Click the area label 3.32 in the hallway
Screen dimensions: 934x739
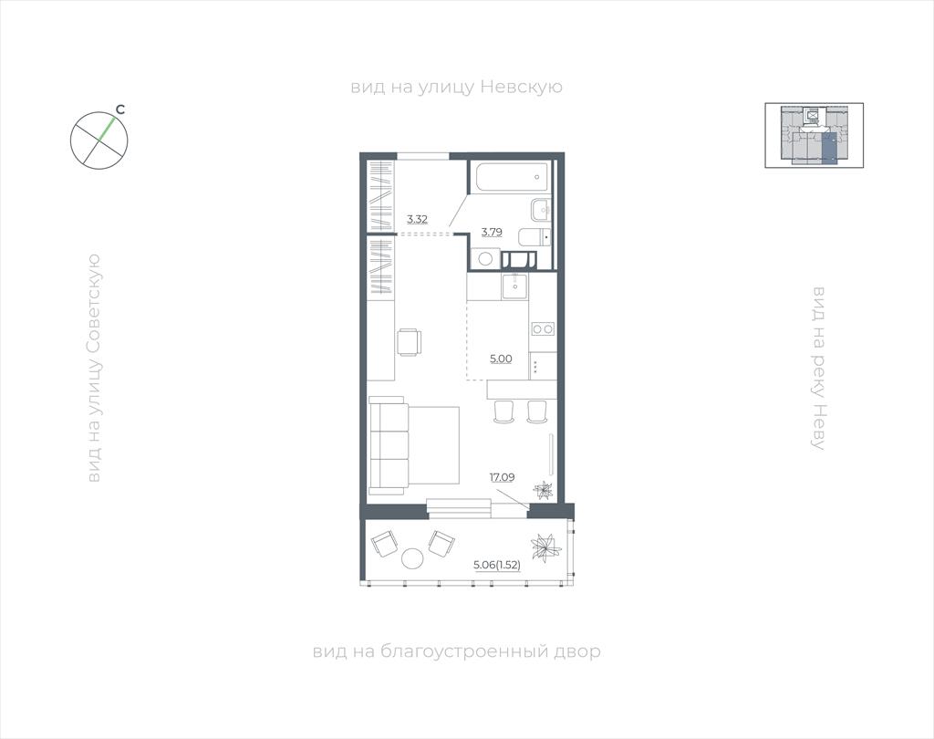click(417, 219)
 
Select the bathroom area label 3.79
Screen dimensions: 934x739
click(492, 232)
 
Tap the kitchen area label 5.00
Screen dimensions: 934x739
click(501, 359)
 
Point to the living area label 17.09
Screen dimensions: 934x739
click(503, 477)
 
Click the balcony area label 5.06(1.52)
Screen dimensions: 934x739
click(497, 565)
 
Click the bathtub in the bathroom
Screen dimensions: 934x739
click(511, 176)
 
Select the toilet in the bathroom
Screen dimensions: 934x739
click(534, 237)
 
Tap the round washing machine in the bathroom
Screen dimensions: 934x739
click(485, 259)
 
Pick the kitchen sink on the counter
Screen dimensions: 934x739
click(514, 286)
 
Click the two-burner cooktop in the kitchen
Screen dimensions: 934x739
click(544, 328)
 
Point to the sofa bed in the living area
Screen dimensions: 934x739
click(414, 446)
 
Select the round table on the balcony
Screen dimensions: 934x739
click(411, 557)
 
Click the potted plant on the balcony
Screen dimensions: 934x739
click(545, 546)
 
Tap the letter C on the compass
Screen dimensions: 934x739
click(120, 109)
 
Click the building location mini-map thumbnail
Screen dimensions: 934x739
click(814, 135)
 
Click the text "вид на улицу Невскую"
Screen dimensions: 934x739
click(456, 87)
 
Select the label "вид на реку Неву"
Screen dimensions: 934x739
click(820, 368)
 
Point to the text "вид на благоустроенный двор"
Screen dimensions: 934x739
click(456, 651)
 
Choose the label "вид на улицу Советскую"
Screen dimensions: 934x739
click(94, 369)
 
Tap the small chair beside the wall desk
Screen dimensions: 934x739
click(410, 342)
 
